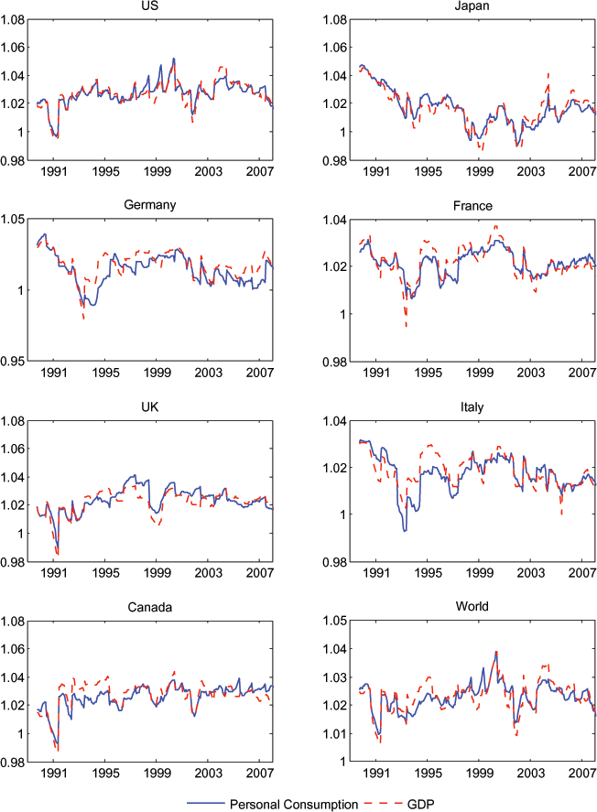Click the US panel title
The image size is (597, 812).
click(149, 6)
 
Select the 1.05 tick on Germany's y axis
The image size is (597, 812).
click(12, 220)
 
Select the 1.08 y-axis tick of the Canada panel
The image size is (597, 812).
click(12, 622)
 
